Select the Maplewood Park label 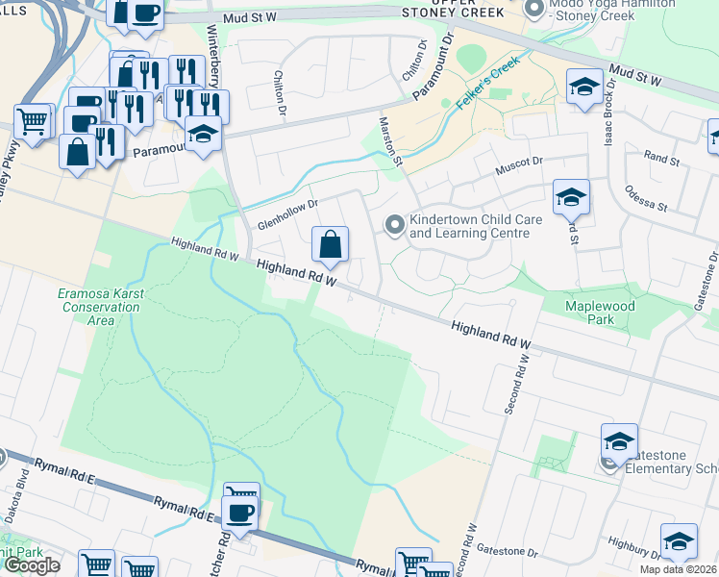[602, 314]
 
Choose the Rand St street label [661, 156]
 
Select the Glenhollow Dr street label [285, 213]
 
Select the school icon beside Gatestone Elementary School [619, 441]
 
